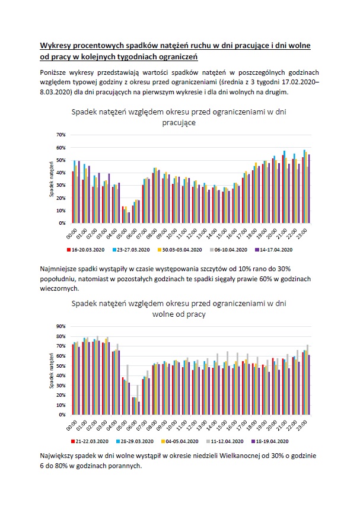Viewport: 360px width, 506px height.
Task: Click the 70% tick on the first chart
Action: [60, 135]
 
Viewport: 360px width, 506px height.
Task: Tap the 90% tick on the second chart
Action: [60, 326]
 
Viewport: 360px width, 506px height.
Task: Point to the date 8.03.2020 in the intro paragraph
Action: [57, 93]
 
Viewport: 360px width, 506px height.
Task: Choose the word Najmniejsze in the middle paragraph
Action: [60, 269]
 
